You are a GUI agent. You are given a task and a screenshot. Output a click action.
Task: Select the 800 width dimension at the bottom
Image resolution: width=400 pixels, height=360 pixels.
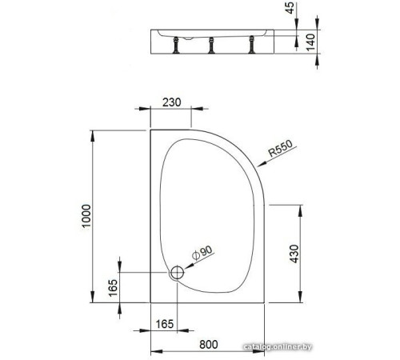210,345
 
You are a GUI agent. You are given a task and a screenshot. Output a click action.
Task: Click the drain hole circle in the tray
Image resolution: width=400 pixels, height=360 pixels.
178,272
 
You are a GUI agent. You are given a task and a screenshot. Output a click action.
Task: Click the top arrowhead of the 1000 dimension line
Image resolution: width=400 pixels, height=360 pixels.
94,131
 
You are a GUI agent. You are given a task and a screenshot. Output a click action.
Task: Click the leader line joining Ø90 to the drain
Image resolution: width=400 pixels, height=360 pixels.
189,264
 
